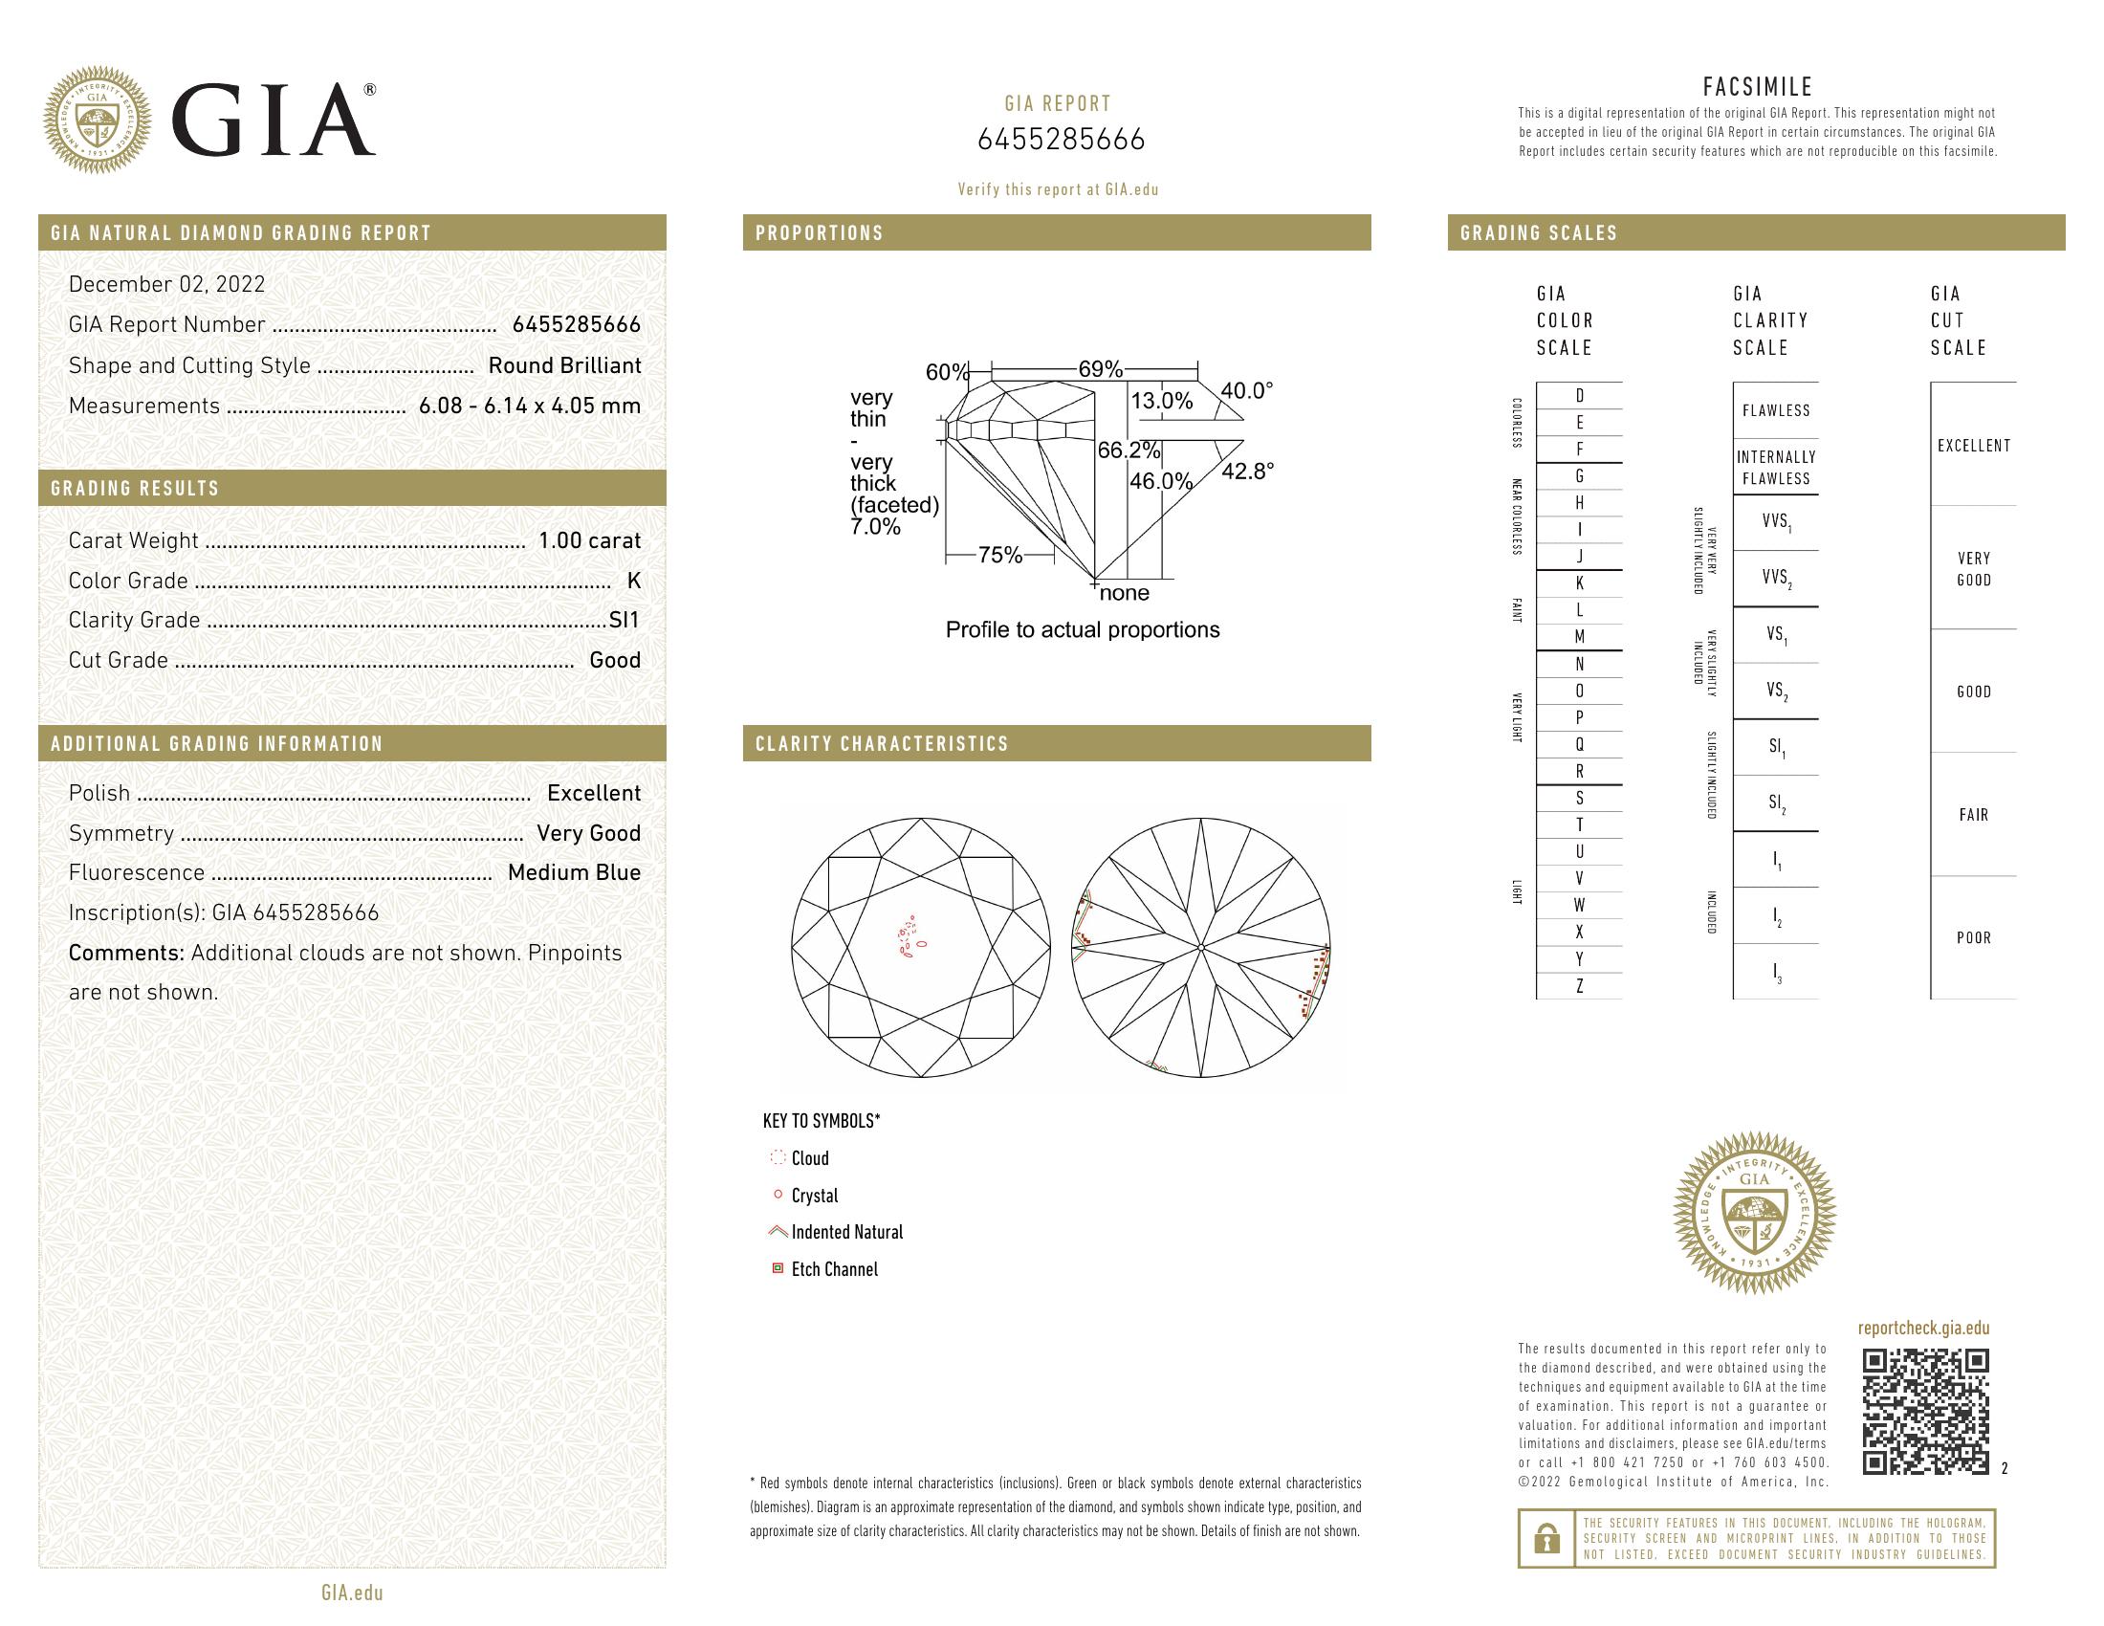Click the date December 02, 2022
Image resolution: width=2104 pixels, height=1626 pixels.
point(166,284)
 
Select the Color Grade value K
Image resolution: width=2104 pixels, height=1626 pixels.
point(633,581)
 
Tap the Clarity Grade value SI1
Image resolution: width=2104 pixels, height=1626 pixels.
point(625,621)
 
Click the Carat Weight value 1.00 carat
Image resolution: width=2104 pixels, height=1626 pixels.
point(588,540)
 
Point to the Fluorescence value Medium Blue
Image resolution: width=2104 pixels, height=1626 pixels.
point(573,872)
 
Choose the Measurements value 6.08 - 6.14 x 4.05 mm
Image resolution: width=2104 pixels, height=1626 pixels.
point(529,406)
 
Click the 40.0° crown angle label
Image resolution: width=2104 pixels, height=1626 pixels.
point(1245,391)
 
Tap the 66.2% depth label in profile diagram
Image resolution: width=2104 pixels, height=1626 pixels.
point(1129,450)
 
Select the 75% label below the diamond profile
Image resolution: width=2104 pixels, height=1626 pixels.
point(999,556)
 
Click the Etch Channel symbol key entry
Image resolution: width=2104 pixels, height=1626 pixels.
point(833,1269)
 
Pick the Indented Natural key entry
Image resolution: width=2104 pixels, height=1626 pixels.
point(845,1232)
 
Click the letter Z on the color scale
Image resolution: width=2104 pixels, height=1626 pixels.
point(1579,986)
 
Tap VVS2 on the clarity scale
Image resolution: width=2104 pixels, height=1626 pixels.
point(1776,578)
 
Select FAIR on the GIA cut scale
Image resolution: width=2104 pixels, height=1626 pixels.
point(1973,815)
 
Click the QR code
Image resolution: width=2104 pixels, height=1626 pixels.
point(1925,1411)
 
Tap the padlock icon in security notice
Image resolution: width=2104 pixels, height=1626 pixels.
point(1546,1538)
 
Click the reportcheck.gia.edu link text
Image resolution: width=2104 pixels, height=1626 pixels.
point(1923,1329)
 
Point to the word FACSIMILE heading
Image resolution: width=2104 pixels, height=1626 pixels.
point(1757,88)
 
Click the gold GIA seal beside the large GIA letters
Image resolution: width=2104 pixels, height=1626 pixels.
point(98,121)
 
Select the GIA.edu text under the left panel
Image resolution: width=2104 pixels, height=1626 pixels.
point(352,1593)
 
